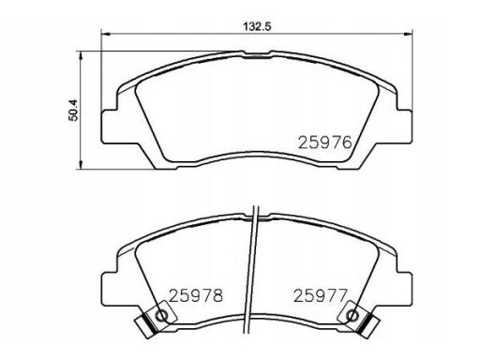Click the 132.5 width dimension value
(x=257, y=26)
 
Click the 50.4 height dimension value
(x=73, y=111)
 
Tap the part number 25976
(x=325, y=142)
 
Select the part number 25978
(x=196, y=295)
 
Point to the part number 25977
(x=321, y=295)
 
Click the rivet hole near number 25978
(x=162, y=316)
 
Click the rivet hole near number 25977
(x=352, y=316)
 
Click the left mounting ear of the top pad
(x=110, y=127)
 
